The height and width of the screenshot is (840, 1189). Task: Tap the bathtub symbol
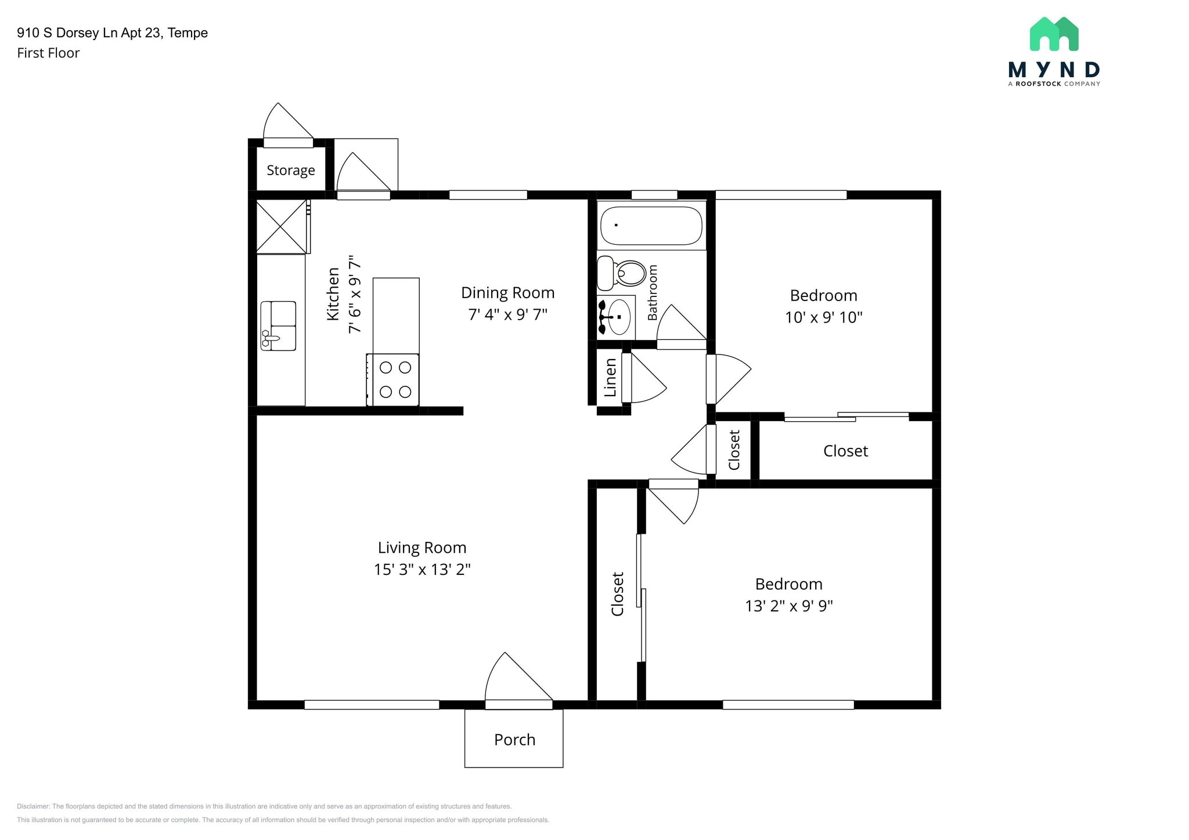[651, 225]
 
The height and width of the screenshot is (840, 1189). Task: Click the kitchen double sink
[279, 325]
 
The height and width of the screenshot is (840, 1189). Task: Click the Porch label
[514, 740]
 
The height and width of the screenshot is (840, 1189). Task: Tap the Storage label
[290, 170]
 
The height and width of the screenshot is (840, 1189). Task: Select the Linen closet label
[610, 378]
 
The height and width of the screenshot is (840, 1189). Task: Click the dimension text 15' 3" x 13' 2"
[422, 569]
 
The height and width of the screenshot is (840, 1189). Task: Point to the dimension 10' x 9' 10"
[823, 317]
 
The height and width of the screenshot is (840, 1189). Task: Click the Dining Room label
[507, 292]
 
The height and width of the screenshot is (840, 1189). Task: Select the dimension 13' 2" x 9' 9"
[788, 606]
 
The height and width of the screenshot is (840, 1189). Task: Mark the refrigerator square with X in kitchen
[282, 226]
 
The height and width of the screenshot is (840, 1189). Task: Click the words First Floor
[48, 53]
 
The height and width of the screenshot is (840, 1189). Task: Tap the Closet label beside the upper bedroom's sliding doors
[845, 451]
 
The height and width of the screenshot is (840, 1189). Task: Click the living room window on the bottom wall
[372, 704]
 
